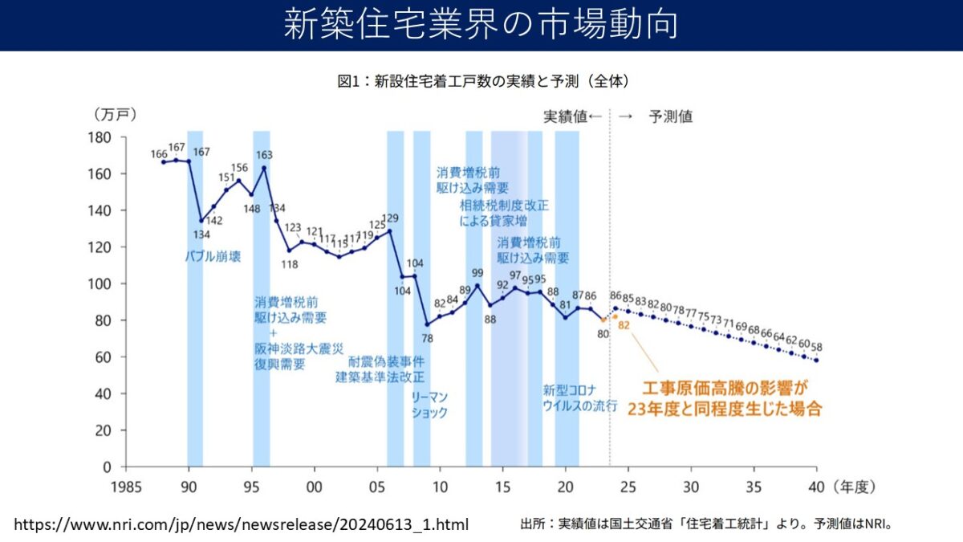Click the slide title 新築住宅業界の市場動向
481,24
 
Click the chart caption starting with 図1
482,82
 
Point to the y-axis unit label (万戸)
116,115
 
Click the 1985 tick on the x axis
126,485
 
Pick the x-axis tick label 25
628,485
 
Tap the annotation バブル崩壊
212,257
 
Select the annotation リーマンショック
429,405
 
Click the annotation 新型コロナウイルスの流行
579,398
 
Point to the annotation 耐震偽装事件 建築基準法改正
380,369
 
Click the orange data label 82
624,325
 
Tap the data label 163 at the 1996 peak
264,155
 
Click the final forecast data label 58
817,347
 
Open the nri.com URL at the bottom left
242,524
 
